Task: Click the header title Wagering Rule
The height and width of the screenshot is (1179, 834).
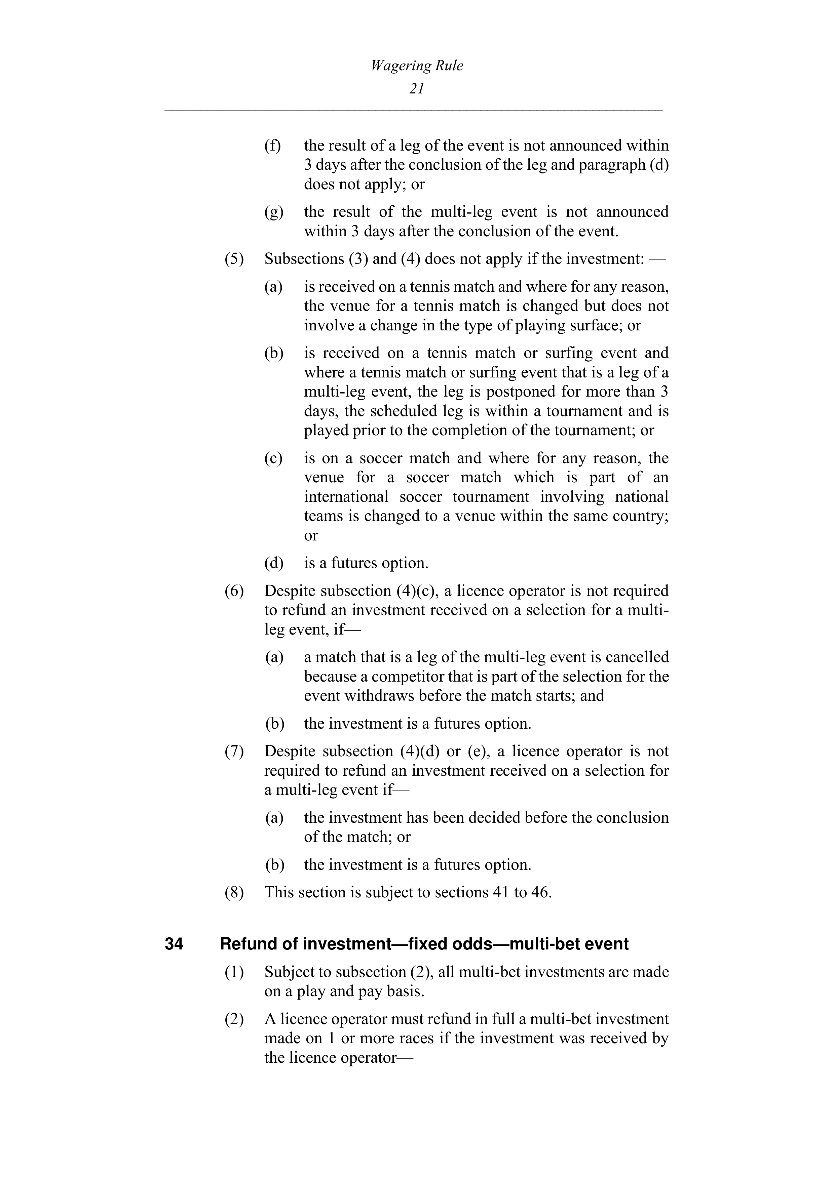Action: click(416, 66)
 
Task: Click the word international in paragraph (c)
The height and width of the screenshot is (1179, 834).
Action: click(346, 497)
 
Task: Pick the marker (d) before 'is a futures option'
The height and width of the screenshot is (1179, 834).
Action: click(274, 563)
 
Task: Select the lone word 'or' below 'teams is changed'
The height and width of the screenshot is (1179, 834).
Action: click(311, 536)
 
